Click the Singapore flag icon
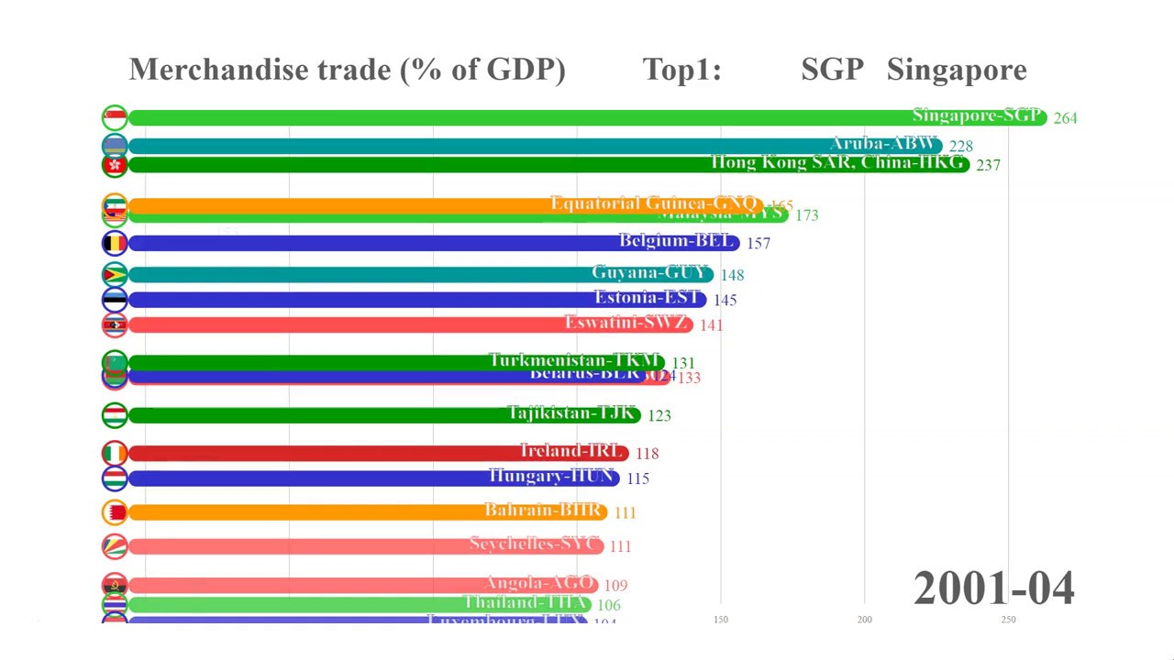tap(115, 117)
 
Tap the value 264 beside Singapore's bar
tap(1065, 118)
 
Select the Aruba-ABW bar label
tap(883, 144)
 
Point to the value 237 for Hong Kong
tap(988, 165)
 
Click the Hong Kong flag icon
tap(115, 165)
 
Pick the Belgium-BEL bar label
tap(677, 241)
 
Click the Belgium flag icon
tap(115, 243)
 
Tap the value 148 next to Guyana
tap(732, 275)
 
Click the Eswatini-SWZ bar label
tap(626, 323)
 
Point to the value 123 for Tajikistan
tap(659, 416)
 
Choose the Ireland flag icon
tap(115, 454)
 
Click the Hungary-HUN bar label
tap(551, 477)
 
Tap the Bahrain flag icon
tap(115, 512)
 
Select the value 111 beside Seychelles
tap(620, 546)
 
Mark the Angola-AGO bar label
tap(541, 583)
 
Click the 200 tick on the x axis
tap(864, 620)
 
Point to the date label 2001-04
tap(993, 588)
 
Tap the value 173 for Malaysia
tap(806, 215)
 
